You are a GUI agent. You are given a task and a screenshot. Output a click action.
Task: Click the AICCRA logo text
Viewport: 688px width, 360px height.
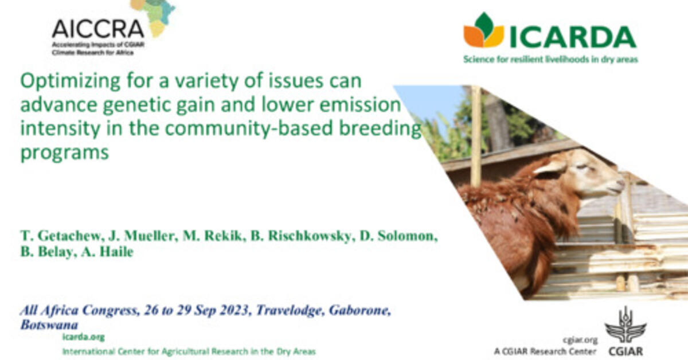point(97,28)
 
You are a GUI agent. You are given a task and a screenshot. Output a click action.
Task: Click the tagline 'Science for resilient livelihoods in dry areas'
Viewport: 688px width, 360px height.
point(550,59)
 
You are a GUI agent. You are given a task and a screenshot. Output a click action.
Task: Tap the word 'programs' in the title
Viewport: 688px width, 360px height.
point(64,154)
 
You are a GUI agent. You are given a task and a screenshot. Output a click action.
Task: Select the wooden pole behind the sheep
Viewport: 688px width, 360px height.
point(475,138)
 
